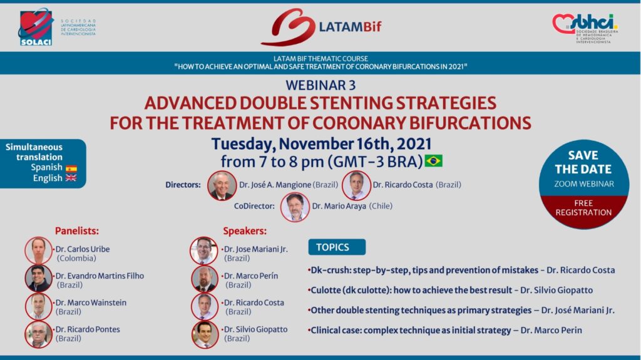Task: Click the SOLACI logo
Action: (36, 27)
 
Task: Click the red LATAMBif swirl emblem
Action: (288, 27)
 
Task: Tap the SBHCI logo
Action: (585, 28)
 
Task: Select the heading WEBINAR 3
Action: (320, 85)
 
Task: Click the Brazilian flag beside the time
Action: (433, 161)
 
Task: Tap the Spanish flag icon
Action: (71, 168)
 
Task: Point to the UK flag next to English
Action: (71, 178)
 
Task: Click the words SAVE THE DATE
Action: (583, 162)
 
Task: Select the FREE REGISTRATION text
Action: (583, 208)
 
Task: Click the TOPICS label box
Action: (337, 247)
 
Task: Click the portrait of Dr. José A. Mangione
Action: (222, 186)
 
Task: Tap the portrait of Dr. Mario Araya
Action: (295, 207)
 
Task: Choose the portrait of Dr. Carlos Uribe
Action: (38, 250)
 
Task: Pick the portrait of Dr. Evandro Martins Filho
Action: (38, 279)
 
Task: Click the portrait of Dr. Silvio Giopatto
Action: (205, 334)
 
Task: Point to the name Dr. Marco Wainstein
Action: (91, 303)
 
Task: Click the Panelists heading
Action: (77, 231)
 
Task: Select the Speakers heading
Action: (245, 231)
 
